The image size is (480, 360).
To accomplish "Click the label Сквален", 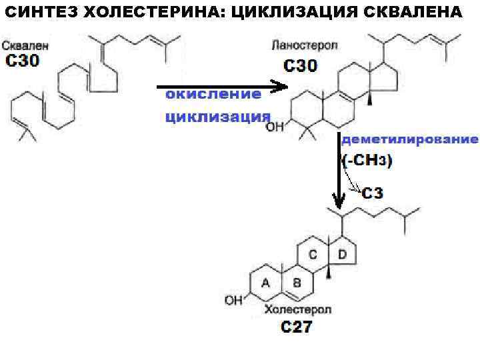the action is pyautogui.click(x=24, y=46).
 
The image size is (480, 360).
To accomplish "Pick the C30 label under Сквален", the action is pyautogui.click(x=23, y=61).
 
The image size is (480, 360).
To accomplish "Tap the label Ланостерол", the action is pyautogui.click(x=305, y=47).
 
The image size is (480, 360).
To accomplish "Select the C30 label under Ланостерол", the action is pyautogui.click(x=301, y=65).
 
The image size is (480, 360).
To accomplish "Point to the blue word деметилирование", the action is pyautogui.click(x=409, y=139).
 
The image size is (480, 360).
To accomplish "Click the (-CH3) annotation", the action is pyautogui.click(x=367, y=161).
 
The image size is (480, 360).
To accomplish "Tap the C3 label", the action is pyautogui.click(x=373, y=193).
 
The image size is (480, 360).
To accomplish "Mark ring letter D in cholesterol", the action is pyautogui.click(x=342, y=254).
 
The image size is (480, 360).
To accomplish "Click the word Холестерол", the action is pyautogui.click(x=297, y=310).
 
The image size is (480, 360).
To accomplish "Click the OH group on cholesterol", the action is pyautogui.click(x=234, y=301).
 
